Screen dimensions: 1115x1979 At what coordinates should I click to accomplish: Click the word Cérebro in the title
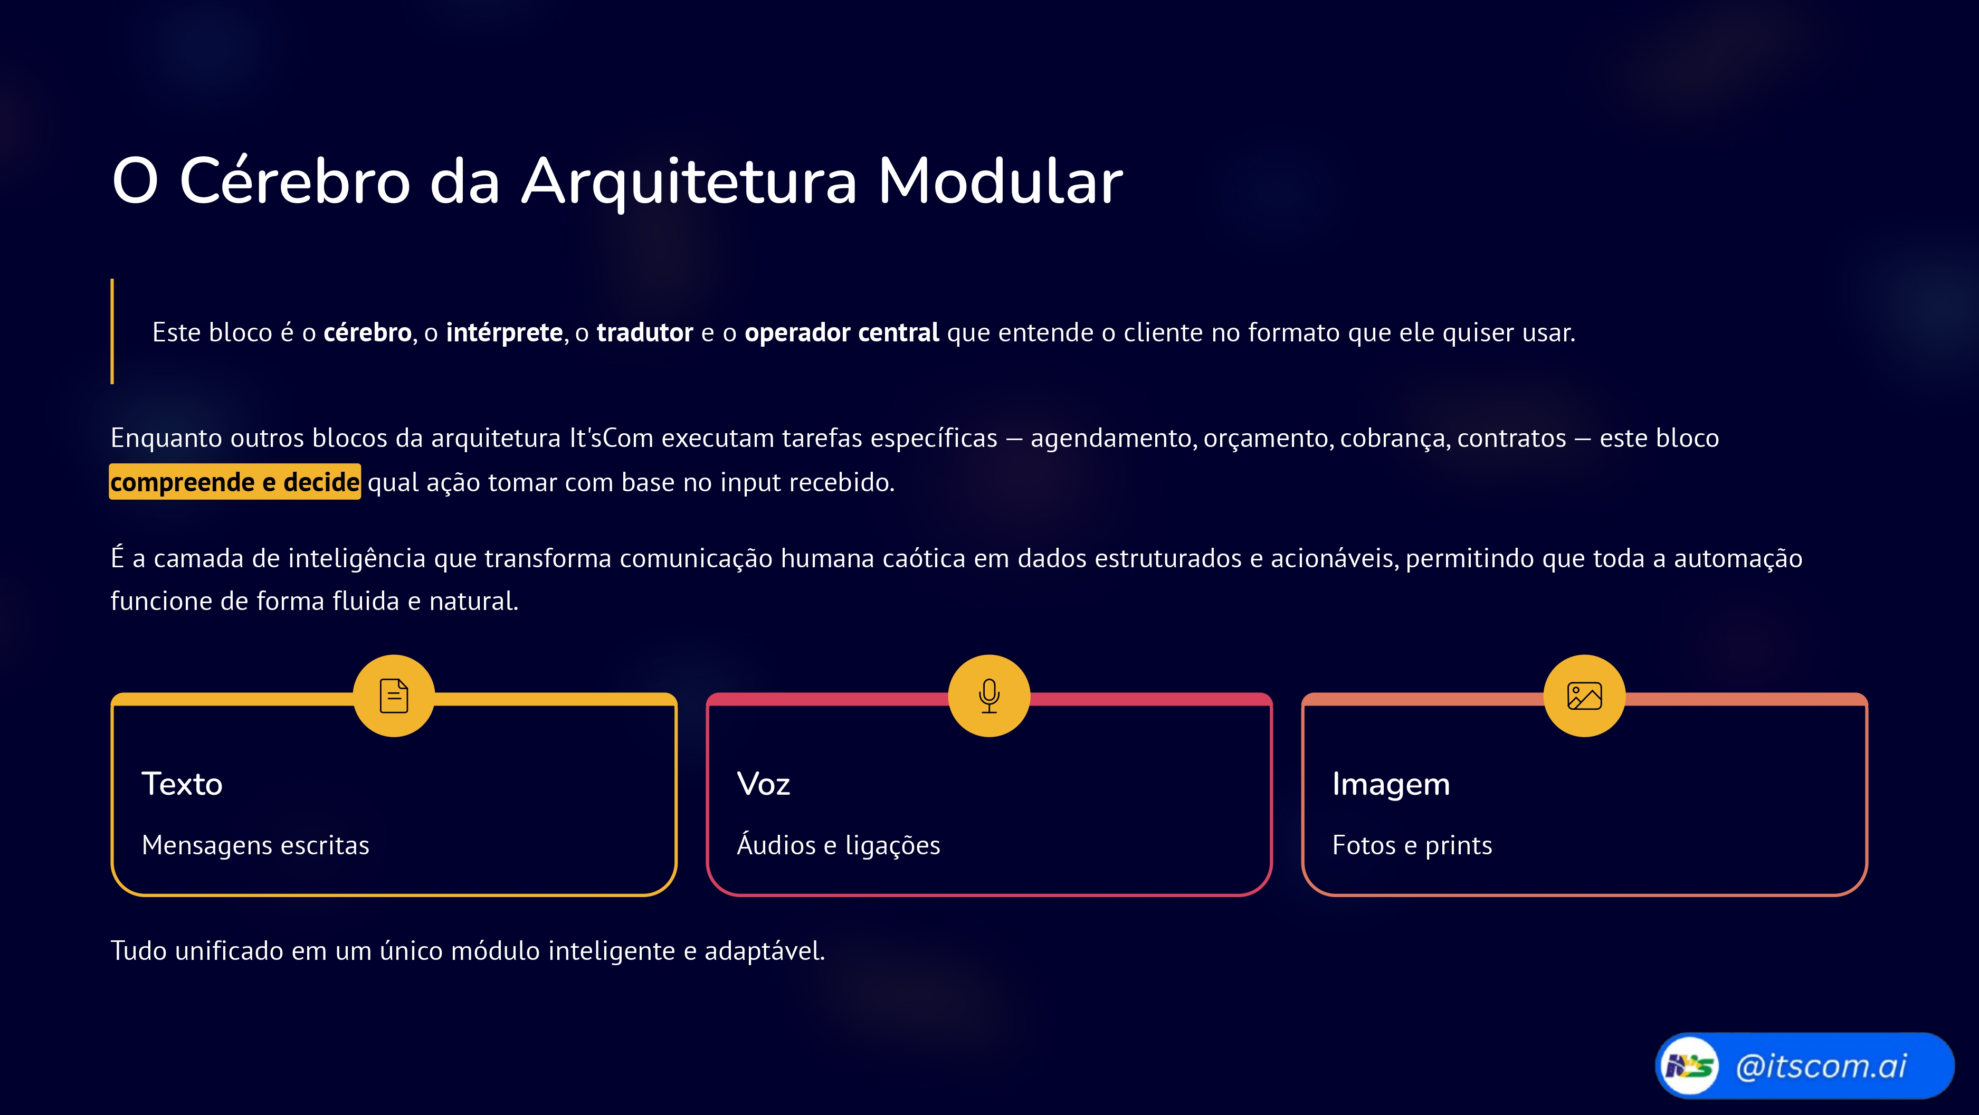tap(294, 182)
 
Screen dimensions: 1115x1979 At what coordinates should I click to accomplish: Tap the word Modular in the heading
tap(1000, 182)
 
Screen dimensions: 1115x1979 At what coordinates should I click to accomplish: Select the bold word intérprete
tap(504, 333)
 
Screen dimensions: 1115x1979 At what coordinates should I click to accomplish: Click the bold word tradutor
tap(644, 333)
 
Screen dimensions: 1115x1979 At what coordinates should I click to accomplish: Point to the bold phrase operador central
tap(841, 333)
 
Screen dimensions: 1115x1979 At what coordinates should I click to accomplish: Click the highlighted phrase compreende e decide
tap(234, 482)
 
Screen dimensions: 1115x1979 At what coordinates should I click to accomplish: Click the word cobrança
tap(1394, 438)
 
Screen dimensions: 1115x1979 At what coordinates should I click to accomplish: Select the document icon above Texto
tap(394, 696)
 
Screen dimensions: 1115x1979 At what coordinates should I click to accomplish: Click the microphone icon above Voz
tap(989, 696)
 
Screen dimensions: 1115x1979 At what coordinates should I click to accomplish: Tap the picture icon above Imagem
tap(1584, 696)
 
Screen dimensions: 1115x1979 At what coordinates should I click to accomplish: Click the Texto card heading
tap(182, 784)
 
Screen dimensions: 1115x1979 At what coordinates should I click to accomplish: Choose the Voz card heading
tap(763, 784)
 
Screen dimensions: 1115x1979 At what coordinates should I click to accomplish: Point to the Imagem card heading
tap(1391, 784)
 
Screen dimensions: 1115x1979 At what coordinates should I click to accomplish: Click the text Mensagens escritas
tap(255, 845)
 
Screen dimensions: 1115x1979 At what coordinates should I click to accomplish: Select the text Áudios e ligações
tap(838, 845)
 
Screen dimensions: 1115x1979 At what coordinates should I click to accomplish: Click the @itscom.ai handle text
tap(1821, 1066)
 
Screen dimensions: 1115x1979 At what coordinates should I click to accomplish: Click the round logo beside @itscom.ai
tap(1689, 1066)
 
